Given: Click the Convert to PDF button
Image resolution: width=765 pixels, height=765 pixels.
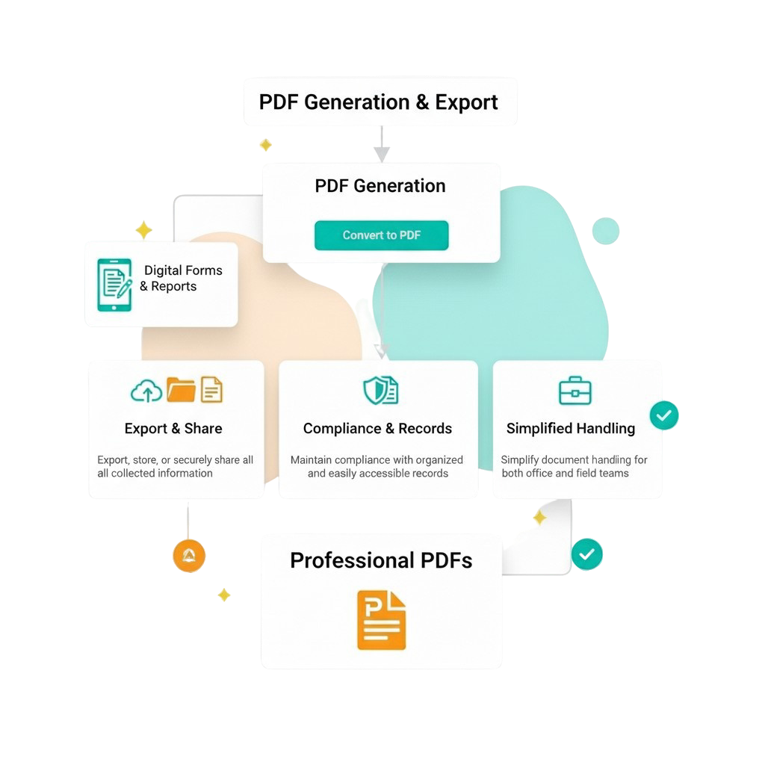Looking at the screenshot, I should pos(381,235).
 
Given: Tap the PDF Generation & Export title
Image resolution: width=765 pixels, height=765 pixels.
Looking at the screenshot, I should pos(379,102).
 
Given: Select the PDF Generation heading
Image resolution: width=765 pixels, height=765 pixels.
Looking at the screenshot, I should pos(380,186).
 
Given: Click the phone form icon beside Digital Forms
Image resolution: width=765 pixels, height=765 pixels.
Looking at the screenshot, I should pos(114,285).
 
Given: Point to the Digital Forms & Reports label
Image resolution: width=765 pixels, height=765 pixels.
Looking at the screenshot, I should pos(179,278).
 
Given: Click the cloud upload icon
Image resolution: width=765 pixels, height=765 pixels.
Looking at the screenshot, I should pos(146,390).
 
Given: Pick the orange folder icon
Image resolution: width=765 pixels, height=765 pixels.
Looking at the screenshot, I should pos(181,389).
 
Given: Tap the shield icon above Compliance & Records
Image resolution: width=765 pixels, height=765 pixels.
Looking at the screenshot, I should pos(380,390).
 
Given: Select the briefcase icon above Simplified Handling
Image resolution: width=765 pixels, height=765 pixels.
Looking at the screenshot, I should pos(575,390).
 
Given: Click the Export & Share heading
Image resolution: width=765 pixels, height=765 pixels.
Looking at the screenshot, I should pos(173,429).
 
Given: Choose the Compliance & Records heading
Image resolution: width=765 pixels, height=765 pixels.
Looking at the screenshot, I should pos(377,429).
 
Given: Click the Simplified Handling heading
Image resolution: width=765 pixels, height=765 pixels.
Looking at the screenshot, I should pos(571,429).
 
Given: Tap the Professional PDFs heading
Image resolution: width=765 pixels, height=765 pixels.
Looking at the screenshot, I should pos(381,560).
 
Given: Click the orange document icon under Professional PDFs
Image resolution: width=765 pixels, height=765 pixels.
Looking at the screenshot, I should pos(381,619).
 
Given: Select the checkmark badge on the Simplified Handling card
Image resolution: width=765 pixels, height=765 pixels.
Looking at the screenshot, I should pos(663,415).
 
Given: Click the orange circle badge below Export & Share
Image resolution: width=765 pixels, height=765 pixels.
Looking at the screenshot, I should pos(189,556).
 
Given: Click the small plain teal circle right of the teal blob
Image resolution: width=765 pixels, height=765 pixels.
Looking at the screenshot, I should pos(605,232).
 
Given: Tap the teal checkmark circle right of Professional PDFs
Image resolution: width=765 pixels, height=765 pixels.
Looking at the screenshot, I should pos(586,554).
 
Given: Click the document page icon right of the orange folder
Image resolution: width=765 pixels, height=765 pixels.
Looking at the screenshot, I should pos(212,389).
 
